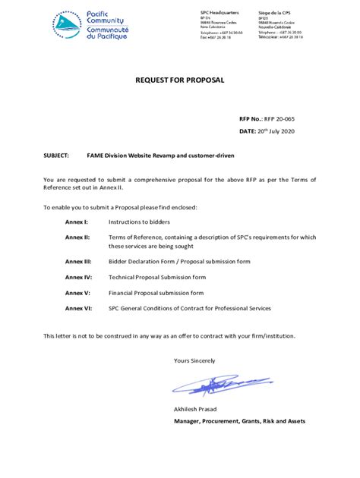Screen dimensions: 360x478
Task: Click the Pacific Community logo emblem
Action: click(67, 24)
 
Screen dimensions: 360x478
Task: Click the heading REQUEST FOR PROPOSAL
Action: click(179, 80)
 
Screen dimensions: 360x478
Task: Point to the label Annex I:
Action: click(77, 221)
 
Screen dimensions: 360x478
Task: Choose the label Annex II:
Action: click(77, 237)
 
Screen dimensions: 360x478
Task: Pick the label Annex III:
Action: click(78, 260)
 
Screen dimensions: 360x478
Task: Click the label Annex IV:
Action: click(78, 277)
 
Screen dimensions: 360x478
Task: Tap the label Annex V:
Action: click(77, 292)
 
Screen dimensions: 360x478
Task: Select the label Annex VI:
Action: click(78, 308)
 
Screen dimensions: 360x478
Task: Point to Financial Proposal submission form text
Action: click(156, 292)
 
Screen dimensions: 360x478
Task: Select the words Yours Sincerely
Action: click(194, 360)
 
